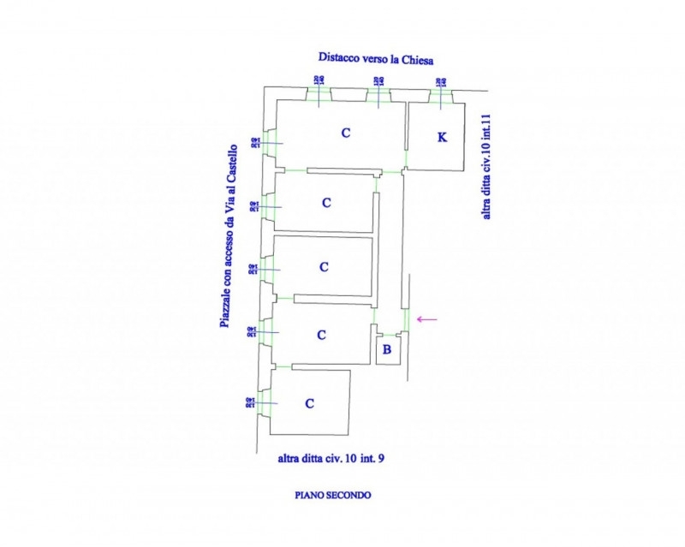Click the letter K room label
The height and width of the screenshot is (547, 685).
coord(442,137)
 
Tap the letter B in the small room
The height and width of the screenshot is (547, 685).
coord(387,348)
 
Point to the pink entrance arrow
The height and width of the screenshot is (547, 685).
coord(426,319)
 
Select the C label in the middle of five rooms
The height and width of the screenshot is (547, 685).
coord(324,267)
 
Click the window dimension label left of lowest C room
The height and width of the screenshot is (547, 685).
coord(250,402)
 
